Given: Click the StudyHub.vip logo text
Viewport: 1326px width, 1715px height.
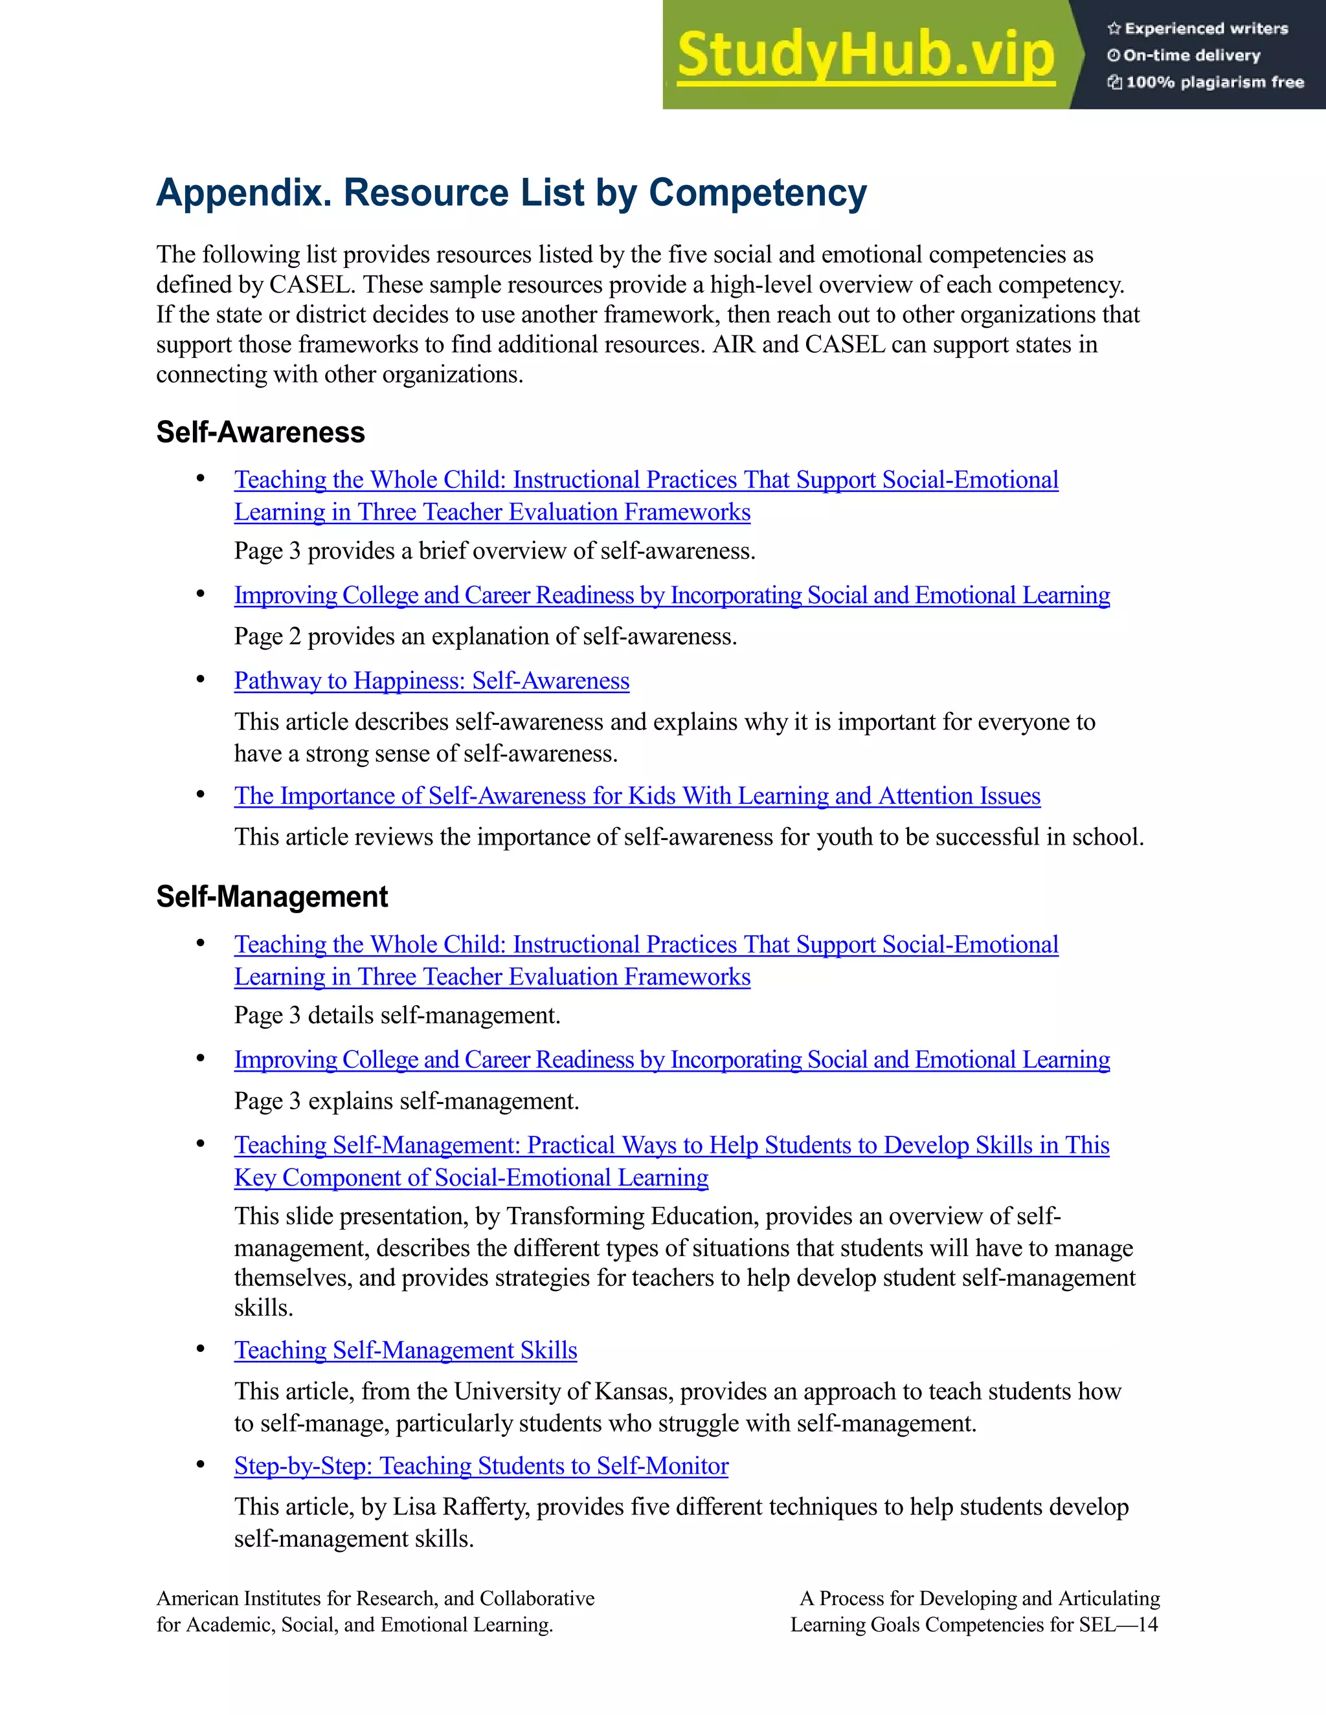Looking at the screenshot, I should (865, 55).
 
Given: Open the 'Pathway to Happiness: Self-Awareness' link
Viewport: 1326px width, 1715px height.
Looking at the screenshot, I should (431, 681).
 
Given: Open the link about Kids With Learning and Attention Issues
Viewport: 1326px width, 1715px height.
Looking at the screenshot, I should (636, 796).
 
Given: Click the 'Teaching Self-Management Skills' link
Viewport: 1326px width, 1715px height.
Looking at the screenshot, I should (405, 1350).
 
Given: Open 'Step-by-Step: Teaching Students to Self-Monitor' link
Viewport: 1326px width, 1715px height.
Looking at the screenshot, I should (481, 1466).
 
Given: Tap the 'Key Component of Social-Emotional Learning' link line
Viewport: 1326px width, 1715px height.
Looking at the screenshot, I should (471, 1178).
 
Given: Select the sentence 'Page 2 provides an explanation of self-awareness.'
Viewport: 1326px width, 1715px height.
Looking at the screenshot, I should (485, 636).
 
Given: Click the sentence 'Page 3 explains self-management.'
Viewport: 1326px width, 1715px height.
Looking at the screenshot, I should (406, 1101).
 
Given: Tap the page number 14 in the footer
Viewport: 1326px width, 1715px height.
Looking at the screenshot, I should (1148, 1624).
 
